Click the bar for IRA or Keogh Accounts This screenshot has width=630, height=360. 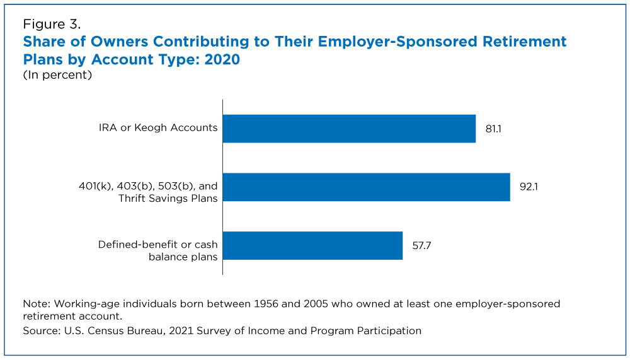point(349,129)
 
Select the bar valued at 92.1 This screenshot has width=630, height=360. point(366,187)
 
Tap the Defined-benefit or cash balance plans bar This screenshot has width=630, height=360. point(312,246)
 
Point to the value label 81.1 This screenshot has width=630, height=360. point(493,129)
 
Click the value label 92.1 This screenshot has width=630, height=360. point(528,187)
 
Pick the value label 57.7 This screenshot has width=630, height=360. point(422,246)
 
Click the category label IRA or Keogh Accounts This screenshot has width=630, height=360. point(158,128)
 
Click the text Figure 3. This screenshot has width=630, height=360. point(52,25)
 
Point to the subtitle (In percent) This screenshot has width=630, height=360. point(58,75)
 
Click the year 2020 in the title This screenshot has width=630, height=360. point(221,60)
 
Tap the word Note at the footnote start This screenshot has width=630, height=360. point(35,303)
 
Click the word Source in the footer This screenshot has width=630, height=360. point(41,330)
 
